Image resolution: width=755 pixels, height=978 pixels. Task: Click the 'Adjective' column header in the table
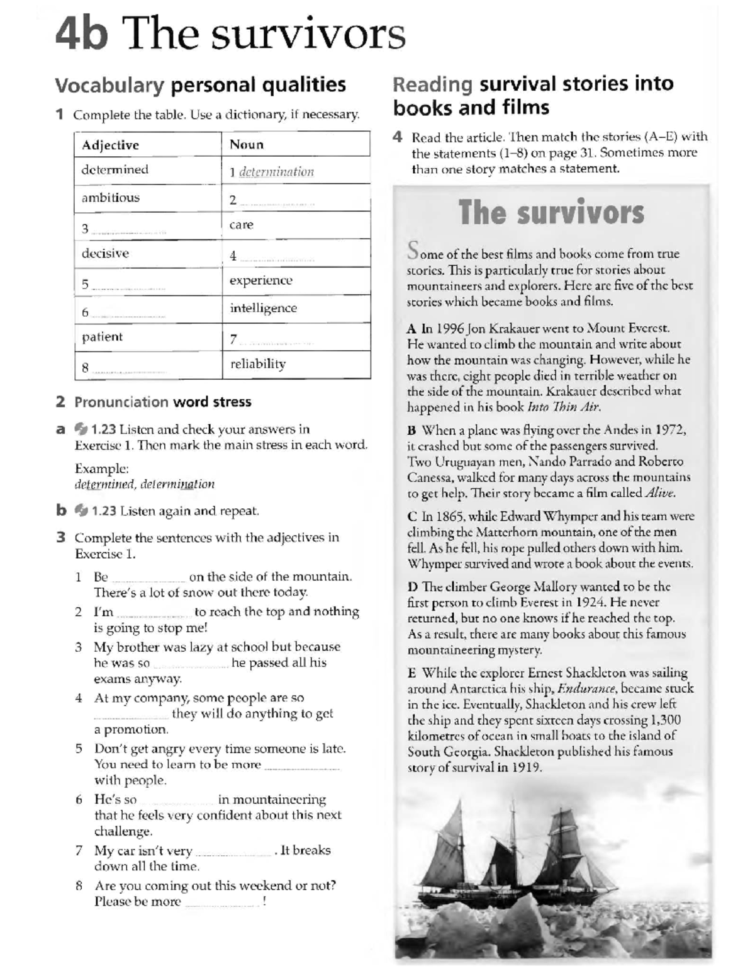pos(110,145)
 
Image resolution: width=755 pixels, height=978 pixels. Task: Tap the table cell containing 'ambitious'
pos(111,198)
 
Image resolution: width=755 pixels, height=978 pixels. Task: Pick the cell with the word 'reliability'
pos(258,364)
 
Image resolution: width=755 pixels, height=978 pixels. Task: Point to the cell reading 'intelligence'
pos(263,308)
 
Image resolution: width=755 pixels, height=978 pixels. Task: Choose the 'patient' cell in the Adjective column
pos(102,337)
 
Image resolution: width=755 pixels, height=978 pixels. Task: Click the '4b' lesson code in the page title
pos(81,35)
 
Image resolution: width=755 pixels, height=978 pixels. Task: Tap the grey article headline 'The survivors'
pos(551,212)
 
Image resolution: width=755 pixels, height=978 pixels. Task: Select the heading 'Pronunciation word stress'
pos(162,402)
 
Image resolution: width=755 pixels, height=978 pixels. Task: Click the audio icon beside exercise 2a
pos(81,429)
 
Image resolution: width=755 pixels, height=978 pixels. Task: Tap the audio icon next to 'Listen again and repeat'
pos(81,511)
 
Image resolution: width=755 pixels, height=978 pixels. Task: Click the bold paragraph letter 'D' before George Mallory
pos(413,587)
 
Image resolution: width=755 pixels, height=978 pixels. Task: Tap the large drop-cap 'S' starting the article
pos(413,250)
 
